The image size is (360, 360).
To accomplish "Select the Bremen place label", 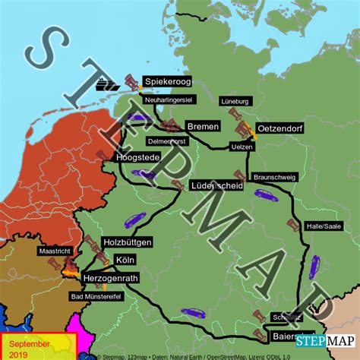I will [x=201, y=126].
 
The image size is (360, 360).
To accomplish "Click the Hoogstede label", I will [x=138, y=157].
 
